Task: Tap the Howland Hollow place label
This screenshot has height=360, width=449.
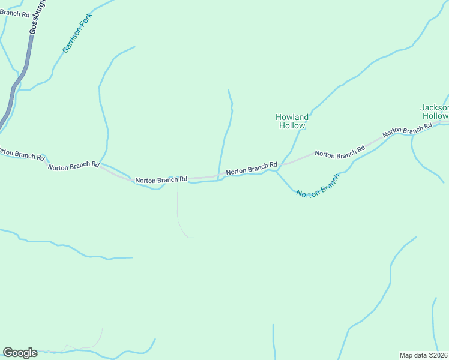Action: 292,121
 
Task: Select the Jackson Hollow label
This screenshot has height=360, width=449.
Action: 435,112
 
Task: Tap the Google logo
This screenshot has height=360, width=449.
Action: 20,353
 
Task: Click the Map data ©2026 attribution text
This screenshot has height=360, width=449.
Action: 423,355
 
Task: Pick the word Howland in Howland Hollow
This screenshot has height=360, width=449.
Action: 292,117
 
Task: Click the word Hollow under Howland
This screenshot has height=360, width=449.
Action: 292,126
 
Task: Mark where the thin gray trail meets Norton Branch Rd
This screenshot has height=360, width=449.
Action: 178,179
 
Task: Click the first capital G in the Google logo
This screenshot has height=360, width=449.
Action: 8,353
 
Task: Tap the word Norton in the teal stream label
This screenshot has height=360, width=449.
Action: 308,193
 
